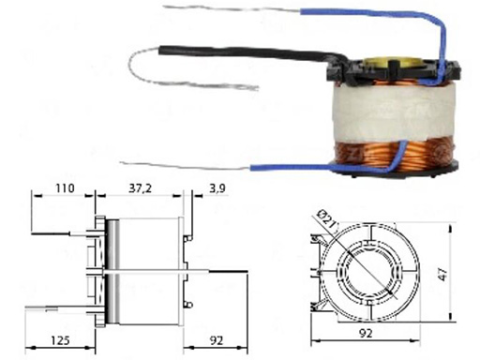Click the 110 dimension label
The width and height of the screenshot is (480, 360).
pos(65,188)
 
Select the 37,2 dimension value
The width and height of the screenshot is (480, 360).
pos(140,188)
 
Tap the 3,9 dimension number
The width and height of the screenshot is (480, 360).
pos(217,188)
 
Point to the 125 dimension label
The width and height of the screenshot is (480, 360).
pos(60,340)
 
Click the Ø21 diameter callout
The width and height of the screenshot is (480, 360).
pos(326,220)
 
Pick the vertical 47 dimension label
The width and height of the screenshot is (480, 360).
pos(442,273)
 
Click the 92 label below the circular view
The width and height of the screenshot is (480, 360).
pos(366,334)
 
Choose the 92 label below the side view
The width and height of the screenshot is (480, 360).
pos(217,340)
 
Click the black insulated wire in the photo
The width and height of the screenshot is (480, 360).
pos(250,52)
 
